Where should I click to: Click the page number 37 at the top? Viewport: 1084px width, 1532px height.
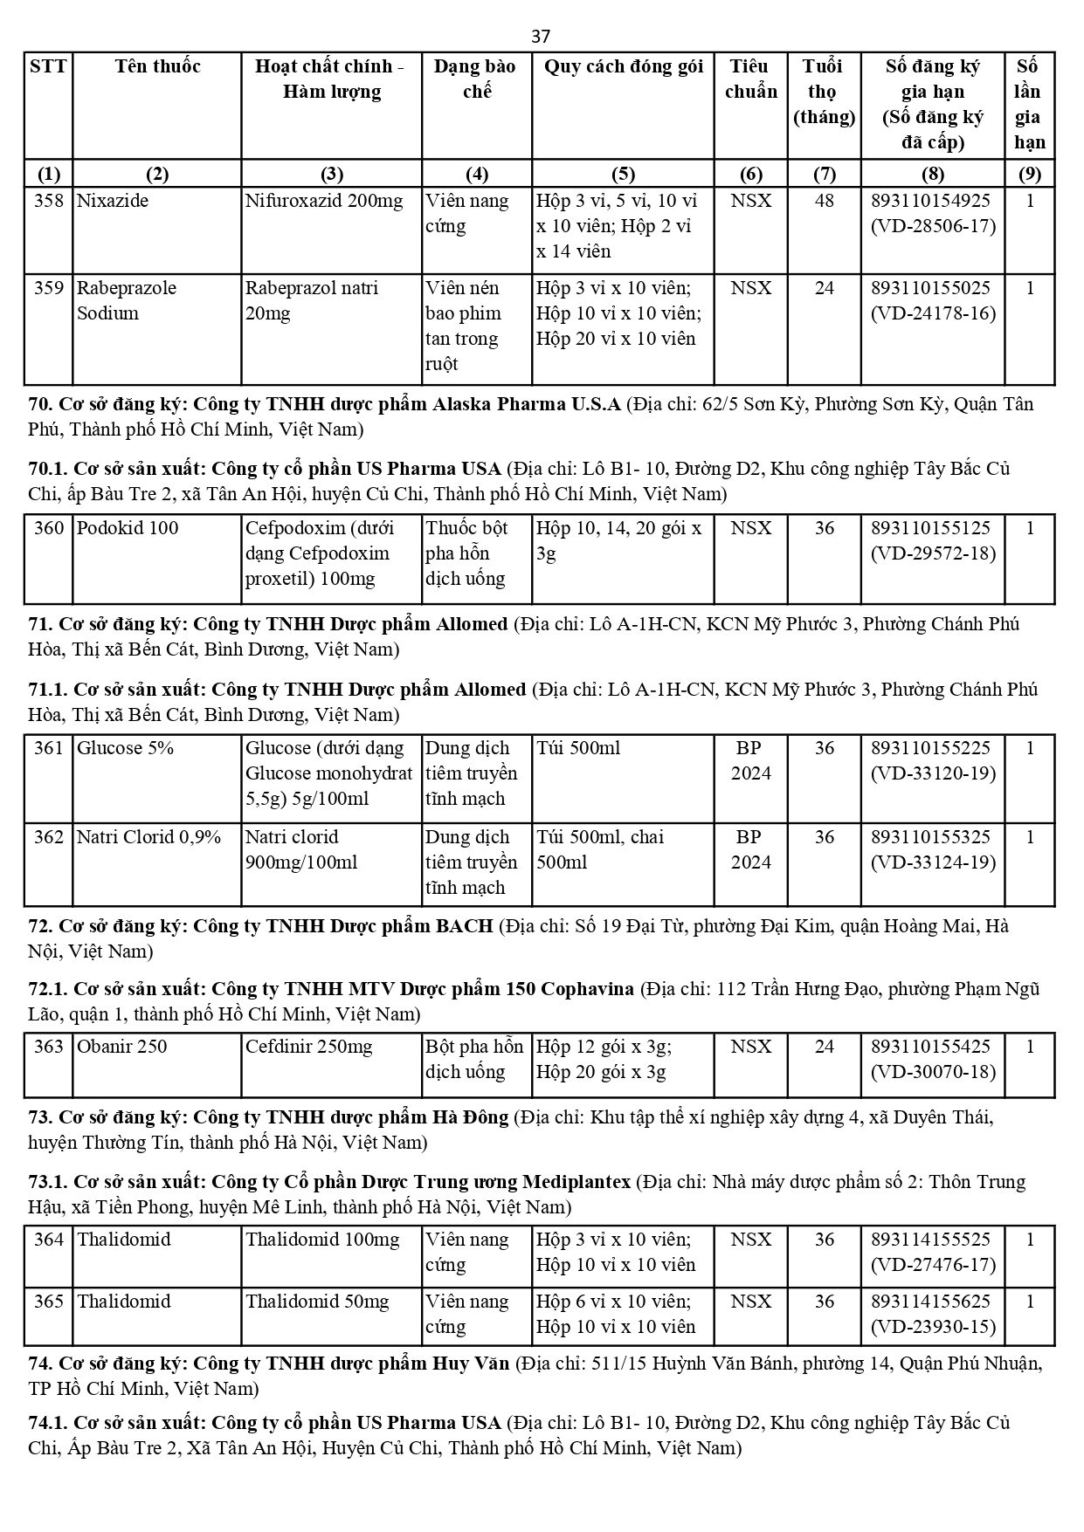point(541,36)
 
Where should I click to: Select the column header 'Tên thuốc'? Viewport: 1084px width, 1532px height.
point(157,66)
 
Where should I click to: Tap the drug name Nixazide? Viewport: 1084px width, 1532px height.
point(113,201)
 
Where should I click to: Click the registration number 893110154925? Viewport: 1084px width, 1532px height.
point(931,201)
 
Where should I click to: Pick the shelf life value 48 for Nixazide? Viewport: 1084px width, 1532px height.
point(824,201)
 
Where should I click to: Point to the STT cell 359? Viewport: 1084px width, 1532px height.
point(49,288)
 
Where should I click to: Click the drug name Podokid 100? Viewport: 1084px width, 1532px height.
point(128,528)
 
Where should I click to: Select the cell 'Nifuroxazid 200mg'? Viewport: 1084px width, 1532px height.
point(324,201)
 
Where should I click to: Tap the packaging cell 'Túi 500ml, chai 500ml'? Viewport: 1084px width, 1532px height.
point(600,849)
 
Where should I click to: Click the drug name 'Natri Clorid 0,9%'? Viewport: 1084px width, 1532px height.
point(149,837)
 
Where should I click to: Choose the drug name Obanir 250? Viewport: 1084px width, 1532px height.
point(122,1047)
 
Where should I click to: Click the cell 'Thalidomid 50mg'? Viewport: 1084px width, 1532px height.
point(317,1302)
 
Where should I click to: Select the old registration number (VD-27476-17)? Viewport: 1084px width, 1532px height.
point(933,1265)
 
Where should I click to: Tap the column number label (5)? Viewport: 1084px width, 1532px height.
point(623,173)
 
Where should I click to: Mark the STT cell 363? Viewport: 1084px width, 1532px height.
point(49,1047)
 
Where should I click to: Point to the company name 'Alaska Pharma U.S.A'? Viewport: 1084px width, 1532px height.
point(532,404)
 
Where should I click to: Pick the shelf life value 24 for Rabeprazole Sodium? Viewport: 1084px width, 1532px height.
point(824,288)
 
